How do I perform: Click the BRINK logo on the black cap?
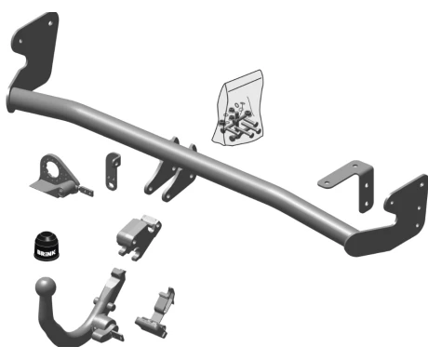click(x=47, y=252)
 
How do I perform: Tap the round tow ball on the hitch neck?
click(x=46, y=287)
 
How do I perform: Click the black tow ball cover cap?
click(x=47, y=245)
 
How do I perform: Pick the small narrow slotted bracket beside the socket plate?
click(x=112, y=171)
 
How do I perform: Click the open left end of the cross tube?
click(x=11, y=100)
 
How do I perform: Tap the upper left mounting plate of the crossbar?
click(x=33, y=51)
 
